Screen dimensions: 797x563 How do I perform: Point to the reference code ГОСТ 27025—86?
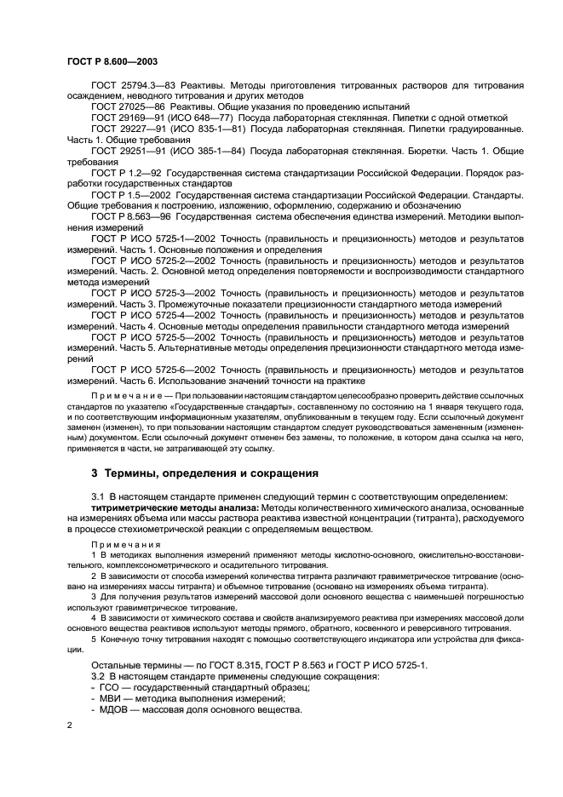coord(119,106)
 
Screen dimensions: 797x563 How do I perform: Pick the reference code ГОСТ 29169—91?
coord(119,118)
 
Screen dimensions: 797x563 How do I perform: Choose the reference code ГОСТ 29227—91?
coord(119,129)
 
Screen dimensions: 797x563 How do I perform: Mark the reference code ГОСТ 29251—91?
coord(119,151)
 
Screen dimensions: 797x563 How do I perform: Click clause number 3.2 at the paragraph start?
coord(99,676)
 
